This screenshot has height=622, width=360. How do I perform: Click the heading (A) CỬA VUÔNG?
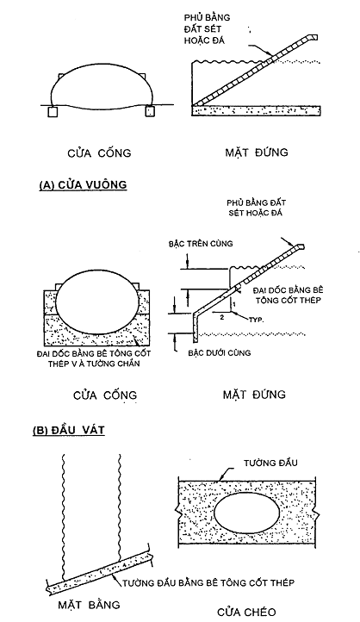click(x=83, y=185)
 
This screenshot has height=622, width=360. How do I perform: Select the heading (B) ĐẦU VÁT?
click(x=69, y=431)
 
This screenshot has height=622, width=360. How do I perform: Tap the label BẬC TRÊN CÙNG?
click(x=200, y=244)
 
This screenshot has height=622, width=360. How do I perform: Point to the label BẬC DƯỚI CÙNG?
click(x=220, y=352)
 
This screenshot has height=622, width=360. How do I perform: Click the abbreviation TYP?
click(x=256, y=320)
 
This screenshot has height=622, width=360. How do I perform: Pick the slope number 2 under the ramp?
click(x=222, y=317)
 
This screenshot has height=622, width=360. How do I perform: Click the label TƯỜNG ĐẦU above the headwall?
click(x=270, y=463)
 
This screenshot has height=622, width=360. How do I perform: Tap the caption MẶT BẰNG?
click(x=89, y=605)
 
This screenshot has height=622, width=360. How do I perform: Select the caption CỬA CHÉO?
click(x=246, y=612)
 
